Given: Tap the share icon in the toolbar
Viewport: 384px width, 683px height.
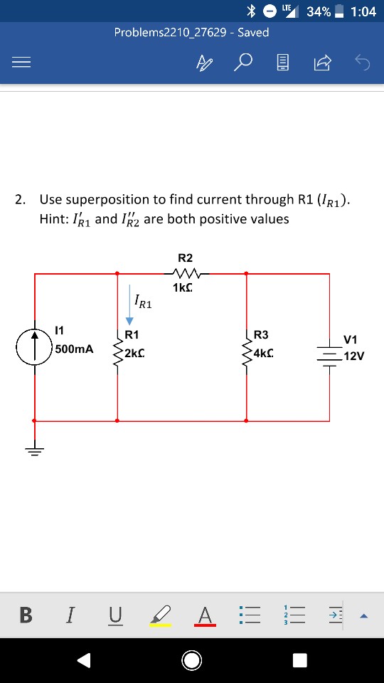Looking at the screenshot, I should tap(322, 63).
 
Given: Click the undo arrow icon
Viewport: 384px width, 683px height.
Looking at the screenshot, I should tap(363, 63).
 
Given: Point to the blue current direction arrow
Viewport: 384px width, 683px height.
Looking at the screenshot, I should tap(129, 302).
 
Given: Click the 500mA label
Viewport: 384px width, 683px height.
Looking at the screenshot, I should tap(74, 349).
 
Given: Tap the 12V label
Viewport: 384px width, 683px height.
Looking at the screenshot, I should tap(353, 356).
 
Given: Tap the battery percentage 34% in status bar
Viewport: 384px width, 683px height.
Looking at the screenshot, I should tap(318, 11).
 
